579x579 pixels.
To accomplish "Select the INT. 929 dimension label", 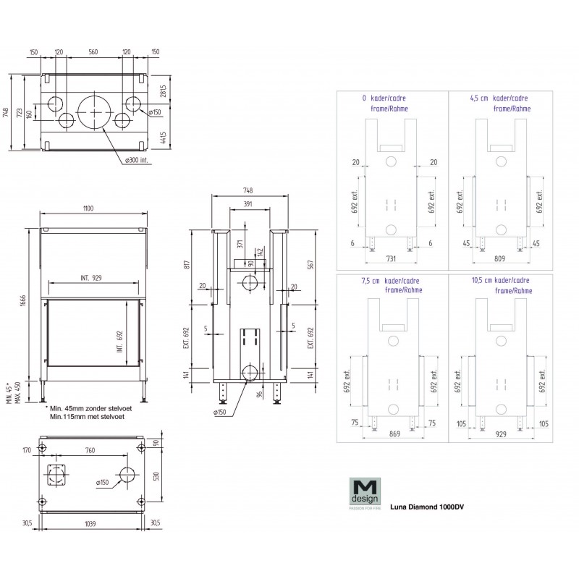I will click(x=90, y=278).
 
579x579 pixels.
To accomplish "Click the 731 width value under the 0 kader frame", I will click(x=390, y=258).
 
